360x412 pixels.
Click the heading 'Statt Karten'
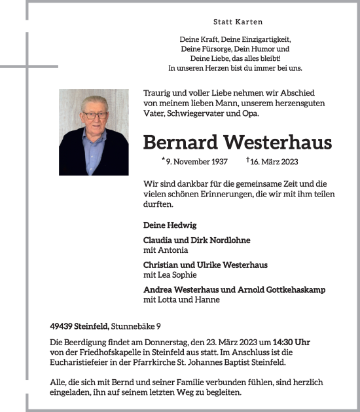pyautogui.click(x=235, y=22)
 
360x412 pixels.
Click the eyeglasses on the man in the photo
pyautogui.click(x=95, y=115)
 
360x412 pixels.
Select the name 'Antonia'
pyautogui.click(x=171, y=250)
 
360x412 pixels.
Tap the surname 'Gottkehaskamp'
pyautogui.click(x=293, y=290)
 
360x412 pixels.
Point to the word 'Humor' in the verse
pyautogui.click(x=261, y=48)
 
